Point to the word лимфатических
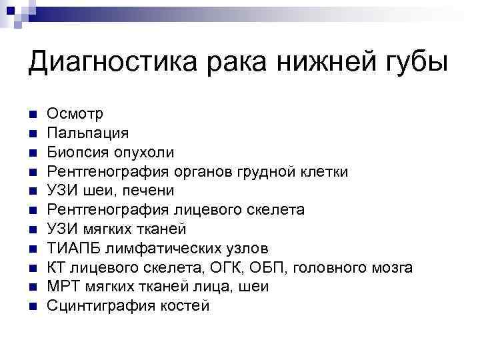click(x=162, y=249)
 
